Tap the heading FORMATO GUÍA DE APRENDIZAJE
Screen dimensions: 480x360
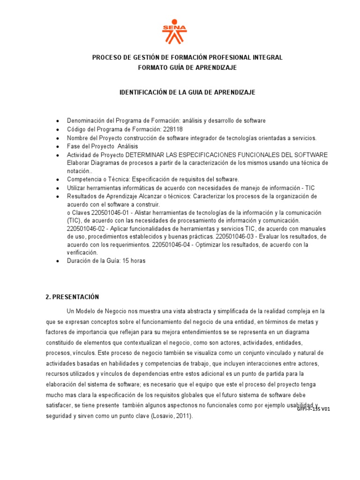[187, 67]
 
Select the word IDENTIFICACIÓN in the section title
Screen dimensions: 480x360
[144, 92]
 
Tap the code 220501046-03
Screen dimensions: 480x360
[236, 236]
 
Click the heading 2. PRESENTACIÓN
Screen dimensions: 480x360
[72, 297]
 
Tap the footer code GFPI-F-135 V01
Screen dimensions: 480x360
[314, 409]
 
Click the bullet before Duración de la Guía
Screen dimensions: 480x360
[57, 262]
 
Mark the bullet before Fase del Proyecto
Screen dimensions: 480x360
[57, 147]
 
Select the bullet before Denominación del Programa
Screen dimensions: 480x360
[57, 121]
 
